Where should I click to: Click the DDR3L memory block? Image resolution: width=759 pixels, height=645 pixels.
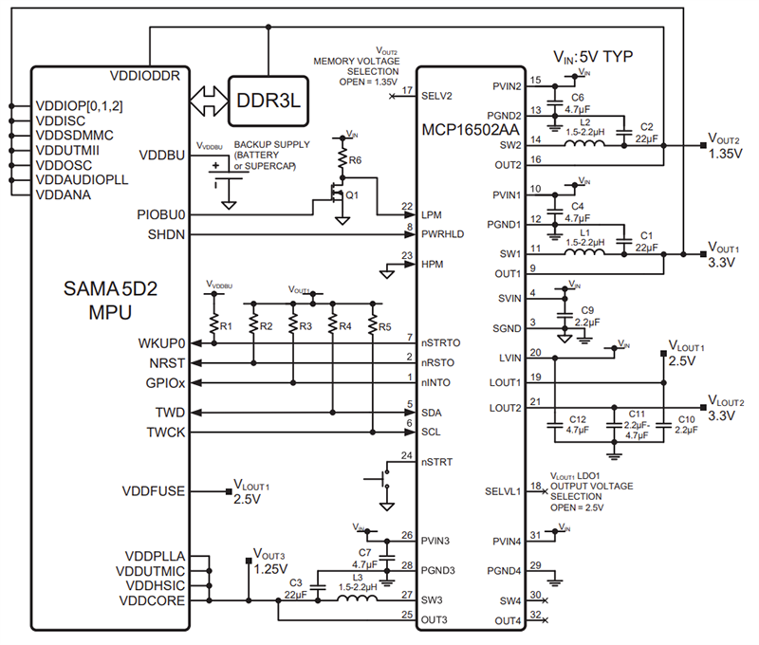[268, 99]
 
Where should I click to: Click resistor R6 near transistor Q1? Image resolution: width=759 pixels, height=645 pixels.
[343, 161]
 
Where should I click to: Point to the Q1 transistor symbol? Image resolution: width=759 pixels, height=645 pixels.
[338, 200]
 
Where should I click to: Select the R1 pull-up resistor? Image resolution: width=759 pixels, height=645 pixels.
[213, 325]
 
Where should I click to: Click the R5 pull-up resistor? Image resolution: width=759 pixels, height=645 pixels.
[372, 325]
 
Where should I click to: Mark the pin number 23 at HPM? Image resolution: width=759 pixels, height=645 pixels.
[407, 255]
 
